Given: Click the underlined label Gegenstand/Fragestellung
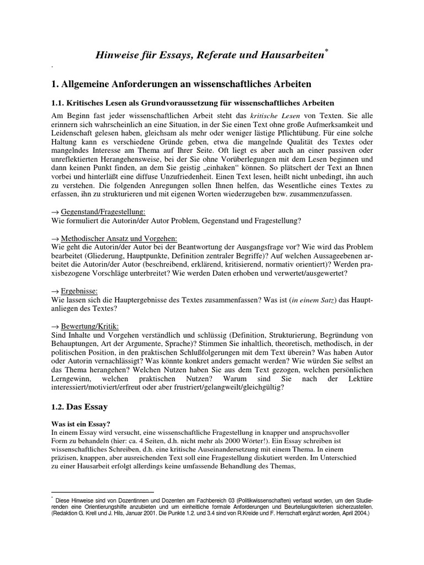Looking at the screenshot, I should pyautogui.click(x=97, y=211).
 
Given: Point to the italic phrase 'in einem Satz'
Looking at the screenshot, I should pyautogui.click(x=312, y=300).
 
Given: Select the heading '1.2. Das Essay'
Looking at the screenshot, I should pyautogui.click(x=79, y=407).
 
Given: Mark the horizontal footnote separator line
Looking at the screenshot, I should pyautogui.click(x=102, y=491).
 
